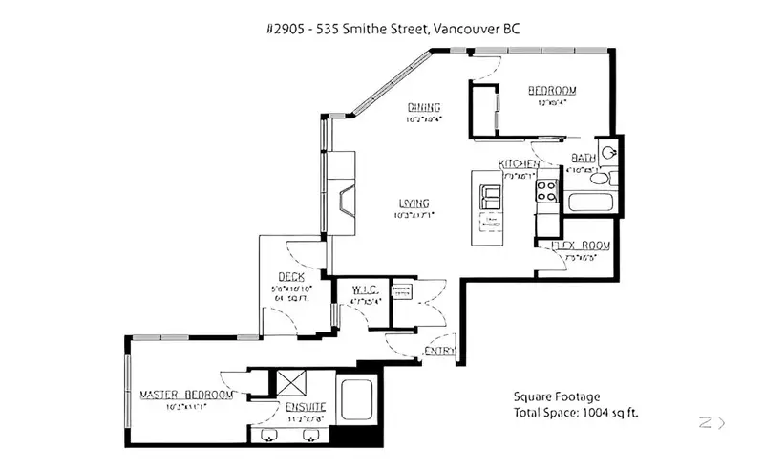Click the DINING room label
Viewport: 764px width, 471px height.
coord(423,106)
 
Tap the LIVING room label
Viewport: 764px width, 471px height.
coord(414,203)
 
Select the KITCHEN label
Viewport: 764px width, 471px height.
coord(519,164)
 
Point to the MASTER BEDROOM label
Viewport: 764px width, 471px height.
coord(186,395)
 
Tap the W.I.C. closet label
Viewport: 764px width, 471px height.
coord(366,289)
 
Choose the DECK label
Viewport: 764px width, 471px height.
coord(291,277)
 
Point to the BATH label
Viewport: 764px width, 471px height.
coord(583,158)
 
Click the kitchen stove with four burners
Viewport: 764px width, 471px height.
coord(547,190)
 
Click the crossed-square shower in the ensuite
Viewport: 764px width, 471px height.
coord(289,383)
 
